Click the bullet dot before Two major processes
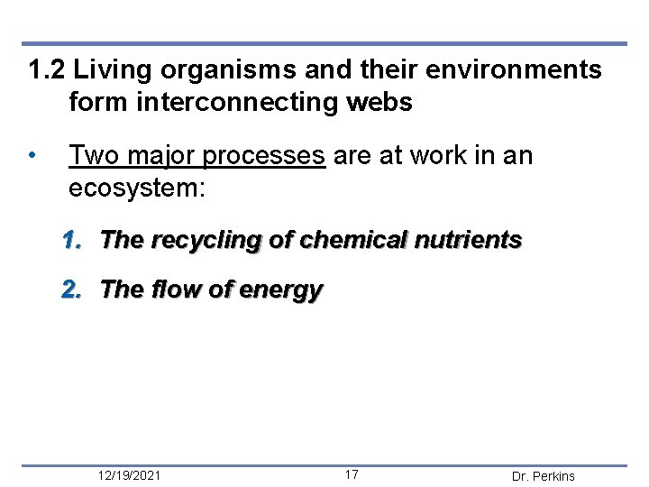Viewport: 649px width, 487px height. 32,156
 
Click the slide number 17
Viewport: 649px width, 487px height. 352,475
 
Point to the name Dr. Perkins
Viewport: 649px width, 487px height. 543,476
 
